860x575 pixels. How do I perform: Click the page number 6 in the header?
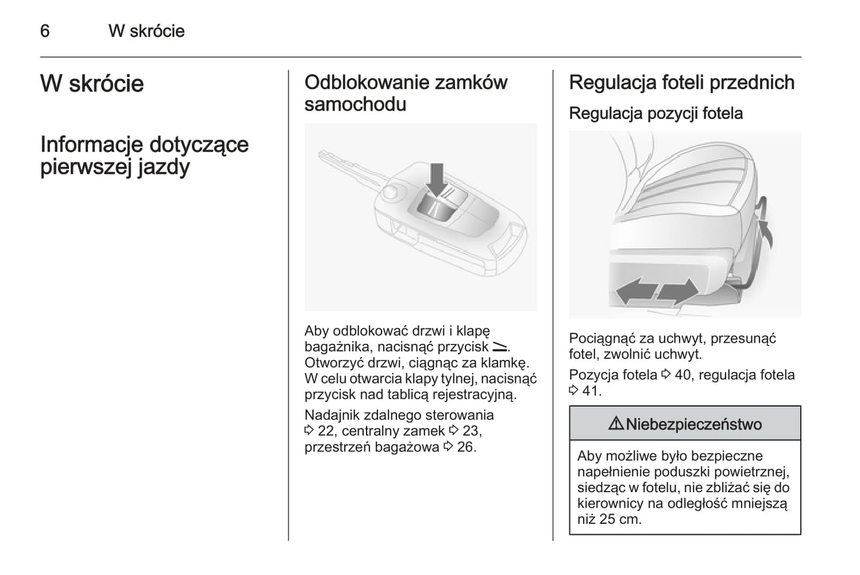(45, 31)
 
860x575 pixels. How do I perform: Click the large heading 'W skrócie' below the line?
(92, 83)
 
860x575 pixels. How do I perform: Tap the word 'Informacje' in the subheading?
(91, 144)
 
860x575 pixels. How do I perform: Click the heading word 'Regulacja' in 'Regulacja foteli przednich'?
(612, 82)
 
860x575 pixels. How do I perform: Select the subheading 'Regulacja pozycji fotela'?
(655, 113)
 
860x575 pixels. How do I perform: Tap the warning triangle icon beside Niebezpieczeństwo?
(615, 424)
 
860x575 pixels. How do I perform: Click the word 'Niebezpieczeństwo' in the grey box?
(693, 424)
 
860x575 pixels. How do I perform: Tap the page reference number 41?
(591, 391)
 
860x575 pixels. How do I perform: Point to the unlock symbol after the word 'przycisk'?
(499, 346)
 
